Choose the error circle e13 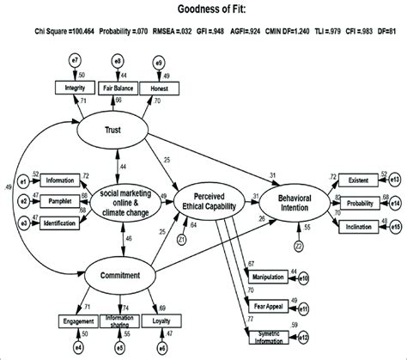[394, 180]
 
